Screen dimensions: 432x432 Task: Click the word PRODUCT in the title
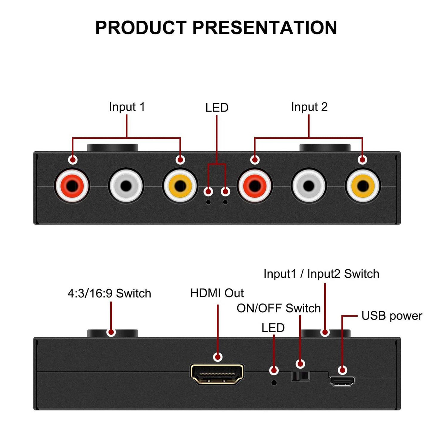(x=141, y=28)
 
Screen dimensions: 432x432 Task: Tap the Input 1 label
(x=127, y=107)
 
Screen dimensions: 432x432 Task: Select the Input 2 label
(x=309, y=107)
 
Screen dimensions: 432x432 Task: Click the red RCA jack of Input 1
(x=72, y=186)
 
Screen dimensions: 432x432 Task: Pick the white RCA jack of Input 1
(x=126, y=186)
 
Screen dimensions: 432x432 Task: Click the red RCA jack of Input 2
(x=254, y=186)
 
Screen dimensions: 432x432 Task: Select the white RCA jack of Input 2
(x=309, y=186)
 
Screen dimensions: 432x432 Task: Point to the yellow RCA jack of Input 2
(x=362, y=186)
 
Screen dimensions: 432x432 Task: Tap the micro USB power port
(x=342, y=381)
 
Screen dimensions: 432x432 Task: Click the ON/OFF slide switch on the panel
(x=300, y=376)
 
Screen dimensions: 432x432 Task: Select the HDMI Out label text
(x=217, y=293)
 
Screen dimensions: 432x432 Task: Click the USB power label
(x=392, y=316)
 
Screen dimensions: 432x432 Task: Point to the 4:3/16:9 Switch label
(x=109, y=294)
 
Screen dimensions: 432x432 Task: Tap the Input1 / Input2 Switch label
(x=321, y=274)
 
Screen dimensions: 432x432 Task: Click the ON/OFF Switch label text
(x=278, y=308)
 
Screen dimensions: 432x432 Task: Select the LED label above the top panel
(x=217, y=108)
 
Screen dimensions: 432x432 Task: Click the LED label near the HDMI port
(x=273, y=328)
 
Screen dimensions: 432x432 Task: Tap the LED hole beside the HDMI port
(x=274, y=382)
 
